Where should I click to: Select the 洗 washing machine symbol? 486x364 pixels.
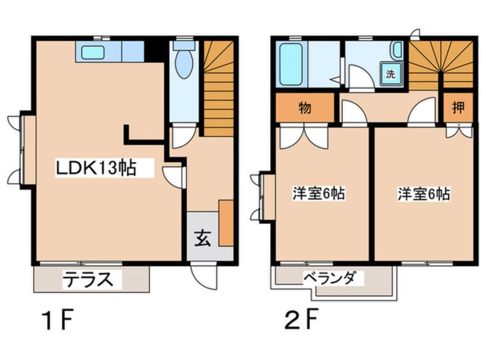[x=391, y=74]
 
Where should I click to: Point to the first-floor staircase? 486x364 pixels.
[x=218, y=89]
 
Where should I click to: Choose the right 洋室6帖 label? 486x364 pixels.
[x=424, y=193]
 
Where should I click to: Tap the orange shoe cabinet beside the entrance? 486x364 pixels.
[x=226, y=223]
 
